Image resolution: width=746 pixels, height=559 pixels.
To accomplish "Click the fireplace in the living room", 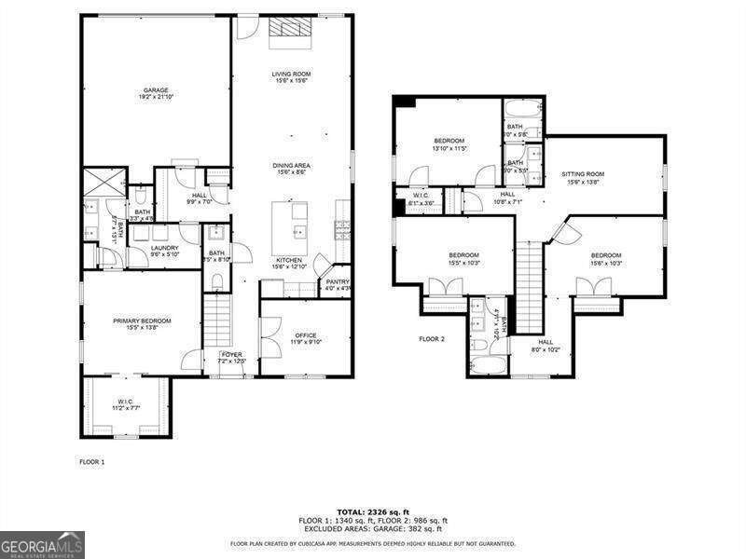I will pyautogui.click(x=290, y=33).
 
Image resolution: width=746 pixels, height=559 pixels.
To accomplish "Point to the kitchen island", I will pyautogui.click(x=290, y=224).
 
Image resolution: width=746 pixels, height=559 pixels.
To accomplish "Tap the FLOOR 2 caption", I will pyautogui.click(x=432, y=339).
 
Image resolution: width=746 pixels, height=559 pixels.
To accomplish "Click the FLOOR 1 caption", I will pyautogui.click(x=91, y=461).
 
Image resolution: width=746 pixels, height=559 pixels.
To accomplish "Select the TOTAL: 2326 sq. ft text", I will pyautogui.click(x=373, y=512).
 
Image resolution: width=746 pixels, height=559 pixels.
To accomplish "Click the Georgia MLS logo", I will pyautogui.click(x=42, y=544).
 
